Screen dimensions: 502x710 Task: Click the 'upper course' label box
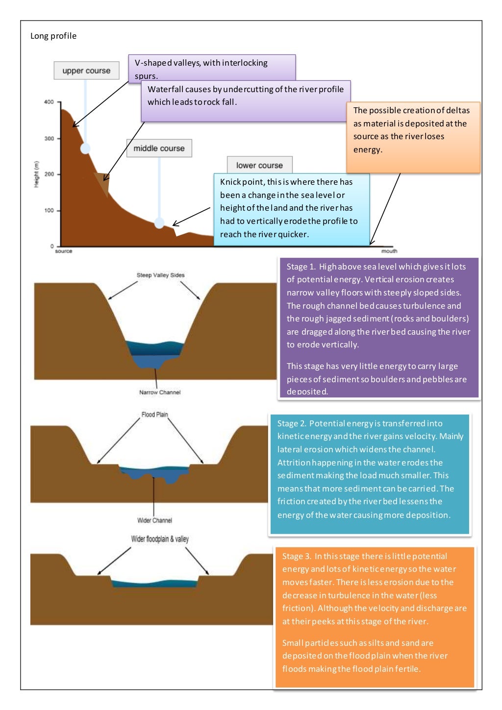(x=86, y=71)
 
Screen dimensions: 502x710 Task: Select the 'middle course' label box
(x=159, y=148)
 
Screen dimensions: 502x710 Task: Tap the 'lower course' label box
(x=259, y=165)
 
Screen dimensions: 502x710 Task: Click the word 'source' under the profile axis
(x=64, y=251)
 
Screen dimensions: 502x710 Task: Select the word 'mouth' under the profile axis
(x=389, y=251)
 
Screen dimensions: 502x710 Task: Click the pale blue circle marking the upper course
(x=85, y=148)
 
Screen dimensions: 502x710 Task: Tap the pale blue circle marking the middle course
(x=159, y=223)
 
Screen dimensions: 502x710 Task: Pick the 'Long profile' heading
(x=53, y=36)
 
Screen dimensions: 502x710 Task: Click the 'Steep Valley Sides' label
(x=160, y=275)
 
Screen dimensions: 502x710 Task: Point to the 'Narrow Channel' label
(x=160, y=392)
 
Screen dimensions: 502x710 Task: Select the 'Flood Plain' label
(x=154, y=415)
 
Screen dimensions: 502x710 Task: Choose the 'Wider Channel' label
(x=154, y=520)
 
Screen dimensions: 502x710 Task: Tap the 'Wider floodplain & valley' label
(x=160, y=539)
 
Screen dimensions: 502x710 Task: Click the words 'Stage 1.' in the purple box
(x=301, y=267)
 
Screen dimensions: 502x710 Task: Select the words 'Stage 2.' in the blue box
(x=292, y=423)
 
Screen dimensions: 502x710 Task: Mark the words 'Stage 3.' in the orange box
(x=297, y=556)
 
